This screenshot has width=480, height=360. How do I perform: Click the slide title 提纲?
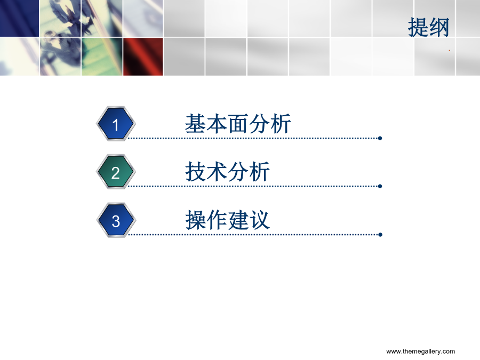(429, 27)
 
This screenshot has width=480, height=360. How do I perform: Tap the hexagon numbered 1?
(116, 124)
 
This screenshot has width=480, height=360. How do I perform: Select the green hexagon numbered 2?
(116, 172)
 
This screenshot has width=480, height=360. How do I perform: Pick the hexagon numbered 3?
(116, 220)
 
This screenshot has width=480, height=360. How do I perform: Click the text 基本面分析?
(238, 124)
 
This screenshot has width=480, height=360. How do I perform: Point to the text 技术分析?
(227, 172)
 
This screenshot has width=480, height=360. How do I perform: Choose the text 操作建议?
(227, 220)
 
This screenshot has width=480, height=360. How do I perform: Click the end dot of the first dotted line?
(380, 138)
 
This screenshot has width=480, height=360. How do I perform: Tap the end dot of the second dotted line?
(380, 186)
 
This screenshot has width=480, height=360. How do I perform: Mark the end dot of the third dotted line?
(380, 235)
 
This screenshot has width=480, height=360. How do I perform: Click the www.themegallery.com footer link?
(421, 351)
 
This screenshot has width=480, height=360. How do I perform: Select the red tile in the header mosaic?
(143, 57)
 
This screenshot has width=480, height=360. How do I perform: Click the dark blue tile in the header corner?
(19, 18)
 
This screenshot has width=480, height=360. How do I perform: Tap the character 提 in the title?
(418, 27)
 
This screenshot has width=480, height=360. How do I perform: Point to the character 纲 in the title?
(439, 27)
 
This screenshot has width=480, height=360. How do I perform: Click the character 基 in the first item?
(196, 124)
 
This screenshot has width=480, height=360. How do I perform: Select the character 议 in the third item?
(260, 220)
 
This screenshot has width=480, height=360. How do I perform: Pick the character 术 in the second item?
(217, 172)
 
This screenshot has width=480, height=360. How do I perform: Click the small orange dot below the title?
(450, 51)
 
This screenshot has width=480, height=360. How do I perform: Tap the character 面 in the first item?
(238, 124)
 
